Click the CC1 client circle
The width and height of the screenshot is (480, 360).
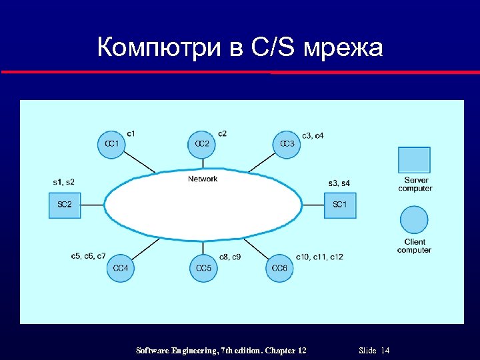click(111, 144)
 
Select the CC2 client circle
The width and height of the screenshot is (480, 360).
click(201, 144)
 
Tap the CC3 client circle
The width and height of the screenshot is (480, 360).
click(287, 144)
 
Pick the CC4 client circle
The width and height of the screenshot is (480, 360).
click(121, 268)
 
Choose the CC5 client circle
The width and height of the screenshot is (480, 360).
click(203, 268)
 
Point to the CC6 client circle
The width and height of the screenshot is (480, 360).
click(280, 268)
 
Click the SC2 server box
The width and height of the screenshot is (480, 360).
click(64, 205)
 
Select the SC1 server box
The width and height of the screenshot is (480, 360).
click(340, 205)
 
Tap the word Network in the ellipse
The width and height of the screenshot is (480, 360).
click(203, 179)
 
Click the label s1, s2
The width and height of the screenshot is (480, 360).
click(64, 182)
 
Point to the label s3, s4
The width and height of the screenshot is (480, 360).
click(339, 183)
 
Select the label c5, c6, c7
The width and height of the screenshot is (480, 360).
click(88, 256)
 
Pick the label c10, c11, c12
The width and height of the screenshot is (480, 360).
click(319, 257)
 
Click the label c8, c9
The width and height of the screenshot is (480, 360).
click(230, 257)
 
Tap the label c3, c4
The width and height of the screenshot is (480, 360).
click(313, 136)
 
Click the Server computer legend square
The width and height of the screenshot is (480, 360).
click(414, 160)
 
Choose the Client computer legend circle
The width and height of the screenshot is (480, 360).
click(414, 220)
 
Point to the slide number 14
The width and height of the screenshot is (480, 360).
click(385, 351)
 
